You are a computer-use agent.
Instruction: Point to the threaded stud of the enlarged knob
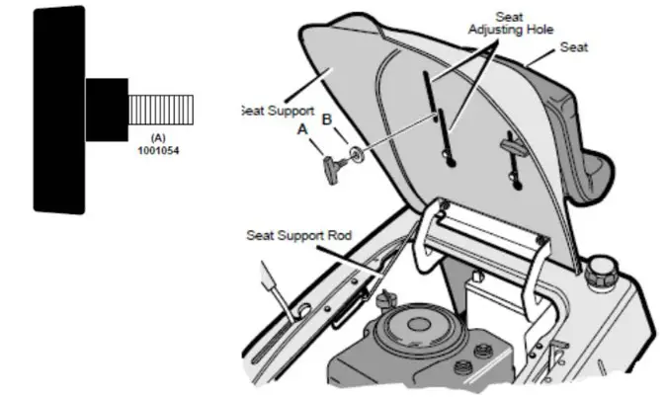coord(161,104)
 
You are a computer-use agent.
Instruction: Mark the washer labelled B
coord(352,155)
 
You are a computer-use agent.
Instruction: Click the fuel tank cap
coord(600,270)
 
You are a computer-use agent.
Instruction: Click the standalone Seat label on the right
coord(573,46)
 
